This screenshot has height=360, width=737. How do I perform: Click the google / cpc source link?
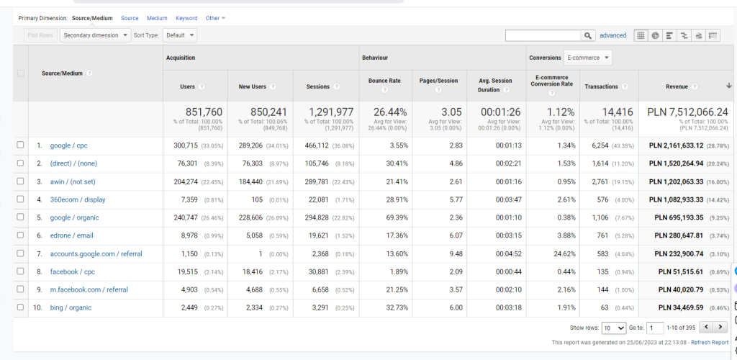(x=68, y=145)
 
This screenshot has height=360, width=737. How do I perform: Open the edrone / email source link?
(x=71, y=235)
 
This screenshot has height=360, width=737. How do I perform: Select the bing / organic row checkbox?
(x=20, y=307)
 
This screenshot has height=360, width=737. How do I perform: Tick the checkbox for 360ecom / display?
(x=20, y=199)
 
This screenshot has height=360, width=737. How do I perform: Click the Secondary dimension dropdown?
(x=96, y=35)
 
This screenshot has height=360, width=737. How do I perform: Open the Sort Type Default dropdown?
(x=180, y=35)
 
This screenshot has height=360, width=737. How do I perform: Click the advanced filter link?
(x=613, y=35)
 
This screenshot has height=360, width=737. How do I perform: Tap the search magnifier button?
(x=589, y=35)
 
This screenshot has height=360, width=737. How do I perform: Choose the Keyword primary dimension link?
(x=186, y=18)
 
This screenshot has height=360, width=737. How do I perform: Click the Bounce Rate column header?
(x=384, y=81)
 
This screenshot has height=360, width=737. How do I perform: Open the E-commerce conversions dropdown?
(x=588, y=58)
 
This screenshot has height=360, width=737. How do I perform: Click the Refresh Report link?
(x=710, y=343)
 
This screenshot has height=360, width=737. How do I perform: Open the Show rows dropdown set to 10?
(x=614, y=328)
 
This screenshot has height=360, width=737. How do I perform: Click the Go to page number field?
(x=655, y=328)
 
